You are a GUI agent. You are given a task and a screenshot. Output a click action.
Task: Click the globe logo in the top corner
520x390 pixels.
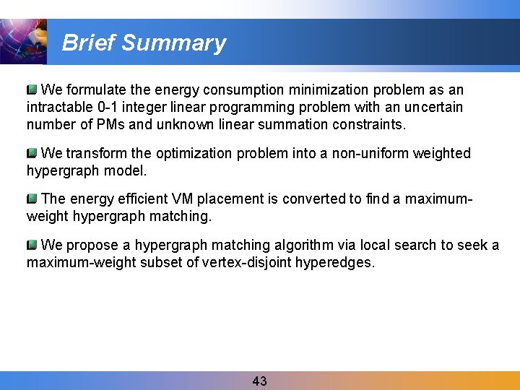click(22, 41)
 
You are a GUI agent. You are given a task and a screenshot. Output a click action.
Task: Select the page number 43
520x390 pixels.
click(260, 381)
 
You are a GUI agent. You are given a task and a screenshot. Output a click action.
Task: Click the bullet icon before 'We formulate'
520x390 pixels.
click(32, 90)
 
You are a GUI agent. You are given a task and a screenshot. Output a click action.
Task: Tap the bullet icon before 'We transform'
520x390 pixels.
click(32, 153)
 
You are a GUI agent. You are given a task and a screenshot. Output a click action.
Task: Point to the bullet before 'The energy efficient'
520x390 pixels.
click(32, 199)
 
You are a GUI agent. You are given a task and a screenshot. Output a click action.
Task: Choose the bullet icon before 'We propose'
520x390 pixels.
click(32, 245)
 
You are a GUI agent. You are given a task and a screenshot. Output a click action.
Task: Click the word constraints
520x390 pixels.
click(369, 125)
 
